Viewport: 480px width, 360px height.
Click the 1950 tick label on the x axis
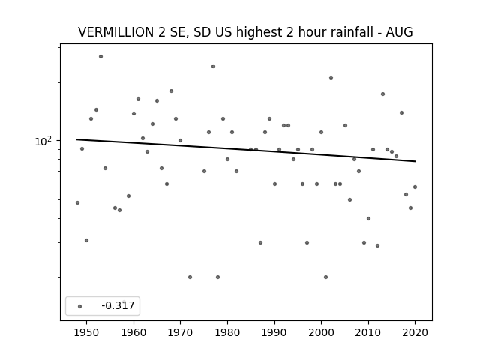coord(87,332)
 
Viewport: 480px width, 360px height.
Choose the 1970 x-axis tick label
coord(180,332)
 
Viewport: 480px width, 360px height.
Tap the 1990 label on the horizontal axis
coord(274,332)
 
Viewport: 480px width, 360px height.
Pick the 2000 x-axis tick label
coord(321,332)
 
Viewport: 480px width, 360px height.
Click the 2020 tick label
coord(415,332)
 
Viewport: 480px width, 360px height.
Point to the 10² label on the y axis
coord(43,142)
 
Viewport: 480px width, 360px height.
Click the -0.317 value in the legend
coord(118,305)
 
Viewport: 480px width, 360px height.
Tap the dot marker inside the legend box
coord(80,307)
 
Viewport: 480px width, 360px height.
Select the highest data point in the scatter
coord(100,57)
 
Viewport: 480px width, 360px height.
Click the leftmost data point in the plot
coord(77,203)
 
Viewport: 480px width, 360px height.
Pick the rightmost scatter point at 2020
coord(415,187)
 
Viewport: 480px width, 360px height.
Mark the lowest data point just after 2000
coord(325,277)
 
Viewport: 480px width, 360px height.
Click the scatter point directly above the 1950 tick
coord(87,240)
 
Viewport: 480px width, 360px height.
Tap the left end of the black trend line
coord(76,139)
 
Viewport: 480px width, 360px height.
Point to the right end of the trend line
coord(415,161)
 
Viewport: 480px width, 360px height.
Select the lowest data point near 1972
coord(190,277)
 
